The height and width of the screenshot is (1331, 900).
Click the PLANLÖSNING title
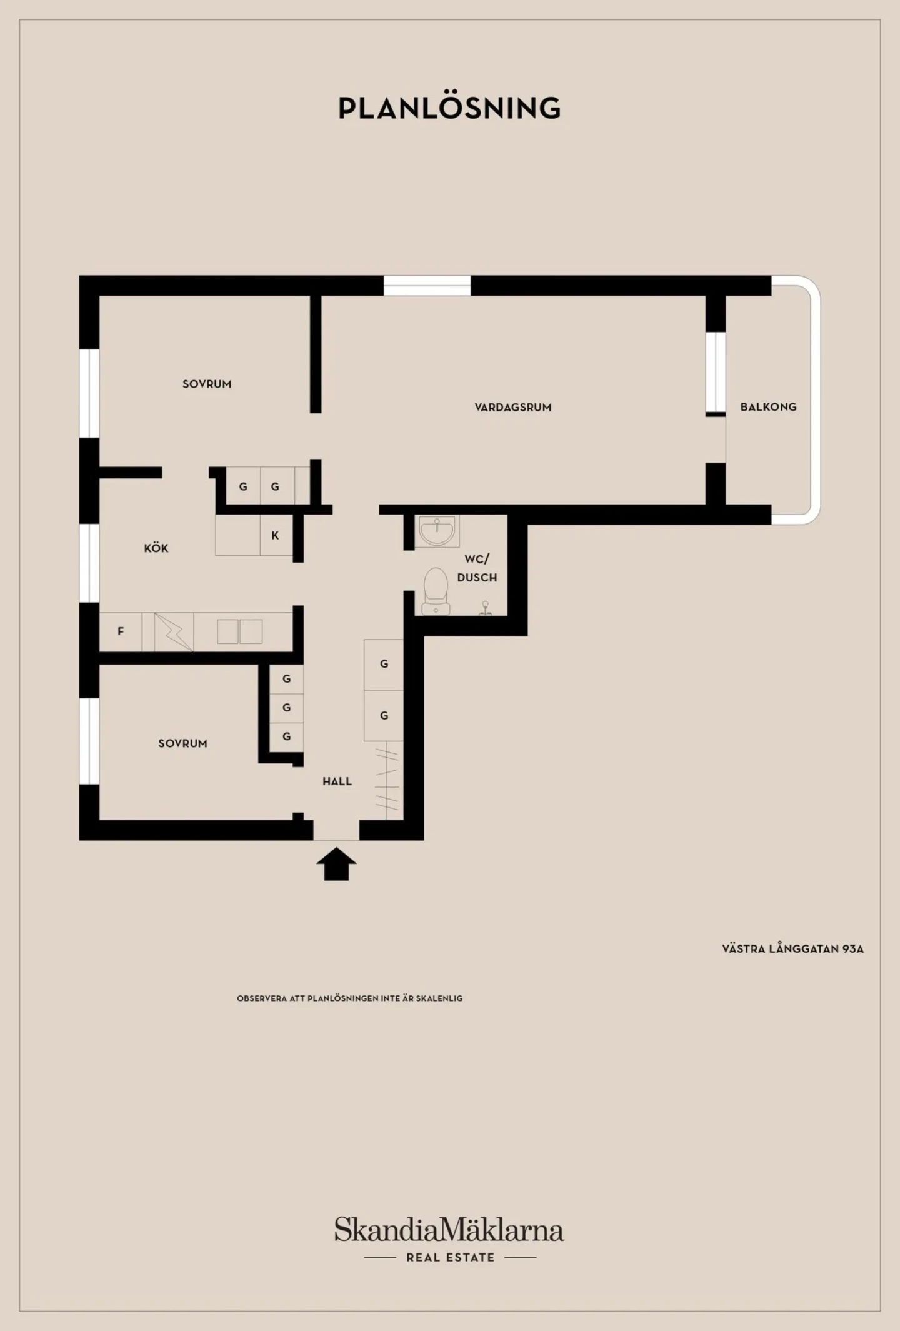click(x=449, y=108)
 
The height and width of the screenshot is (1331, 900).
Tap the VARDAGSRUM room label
click(x=513, y=408)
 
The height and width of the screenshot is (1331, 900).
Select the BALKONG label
click(x=769, y=407)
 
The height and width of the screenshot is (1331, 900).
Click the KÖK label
click(x=156, y=548)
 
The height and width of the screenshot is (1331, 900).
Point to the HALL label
click(x=337, y=781)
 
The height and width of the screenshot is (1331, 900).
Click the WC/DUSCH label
click(x=477, y=568)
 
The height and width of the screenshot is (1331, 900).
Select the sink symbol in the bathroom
click(x=437, y=531)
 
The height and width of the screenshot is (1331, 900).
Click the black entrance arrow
click(x=336, y=864)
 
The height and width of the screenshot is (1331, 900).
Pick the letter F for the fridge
click(x=121, y=631)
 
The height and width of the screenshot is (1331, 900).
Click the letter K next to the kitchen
click(x=275, y=535)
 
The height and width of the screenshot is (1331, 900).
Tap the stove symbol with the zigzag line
click(x=174, y=631)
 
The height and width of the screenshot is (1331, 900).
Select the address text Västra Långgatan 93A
click(x=793, y=948)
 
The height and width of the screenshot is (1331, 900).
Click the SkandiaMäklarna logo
click(x=449, y=1229)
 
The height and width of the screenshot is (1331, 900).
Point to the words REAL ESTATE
click(x=451, y=1257)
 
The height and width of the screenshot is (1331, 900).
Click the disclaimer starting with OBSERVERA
click(x=350, y=998)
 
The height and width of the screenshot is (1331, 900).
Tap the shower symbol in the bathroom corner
click(x=485, y=608)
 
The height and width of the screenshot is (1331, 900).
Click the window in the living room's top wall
click(x=427, y=285)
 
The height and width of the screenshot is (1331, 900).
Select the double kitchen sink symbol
click(x=240, y=631)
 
